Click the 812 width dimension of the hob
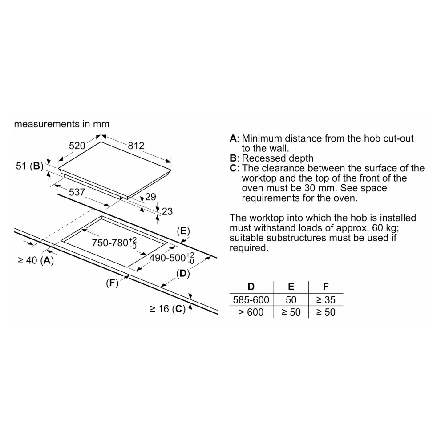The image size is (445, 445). coord(136,146)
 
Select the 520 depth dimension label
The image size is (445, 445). coord(77,146)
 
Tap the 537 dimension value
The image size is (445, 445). coord(77,192)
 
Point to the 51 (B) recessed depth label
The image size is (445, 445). coord(29,166)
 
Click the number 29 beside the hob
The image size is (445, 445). coord(151,197)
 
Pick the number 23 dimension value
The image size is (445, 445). coord(167,211)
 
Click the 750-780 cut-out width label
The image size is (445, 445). coord(114,243)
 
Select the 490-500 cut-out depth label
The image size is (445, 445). coord(172,258)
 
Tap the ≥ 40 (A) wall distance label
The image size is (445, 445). coord(36,260)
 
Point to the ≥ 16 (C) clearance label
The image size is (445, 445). coord(167,309)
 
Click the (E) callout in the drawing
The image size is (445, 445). coord(183,231)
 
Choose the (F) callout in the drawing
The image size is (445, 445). coord(112,283)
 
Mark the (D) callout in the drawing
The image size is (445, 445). coord(183,274)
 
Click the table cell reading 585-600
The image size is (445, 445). coord(251,299)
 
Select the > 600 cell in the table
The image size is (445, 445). coord(251,312)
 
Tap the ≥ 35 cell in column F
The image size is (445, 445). coord(326,299)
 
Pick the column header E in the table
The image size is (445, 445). coord(291,287)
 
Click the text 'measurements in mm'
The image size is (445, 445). coord(61,124)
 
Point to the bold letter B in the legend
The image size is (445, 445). coord(233,158)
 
